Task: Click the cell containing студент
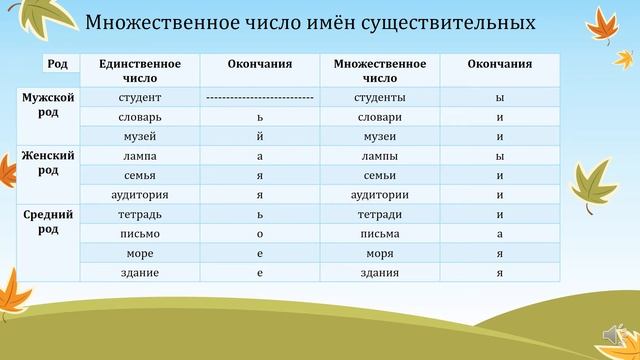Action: coord(140,98)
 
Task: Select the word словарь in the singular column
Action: coord(140,117)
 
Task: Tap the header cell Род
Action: coord(58,64)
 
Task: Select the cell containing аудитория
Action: coord(140,194)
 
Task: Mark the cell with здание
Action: coord(140,272)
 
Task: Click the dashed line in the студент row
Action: coord(260,98)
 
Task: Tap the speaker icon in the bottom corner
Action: coord(613,333)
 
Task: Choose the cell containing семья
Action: coord(140,175)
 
